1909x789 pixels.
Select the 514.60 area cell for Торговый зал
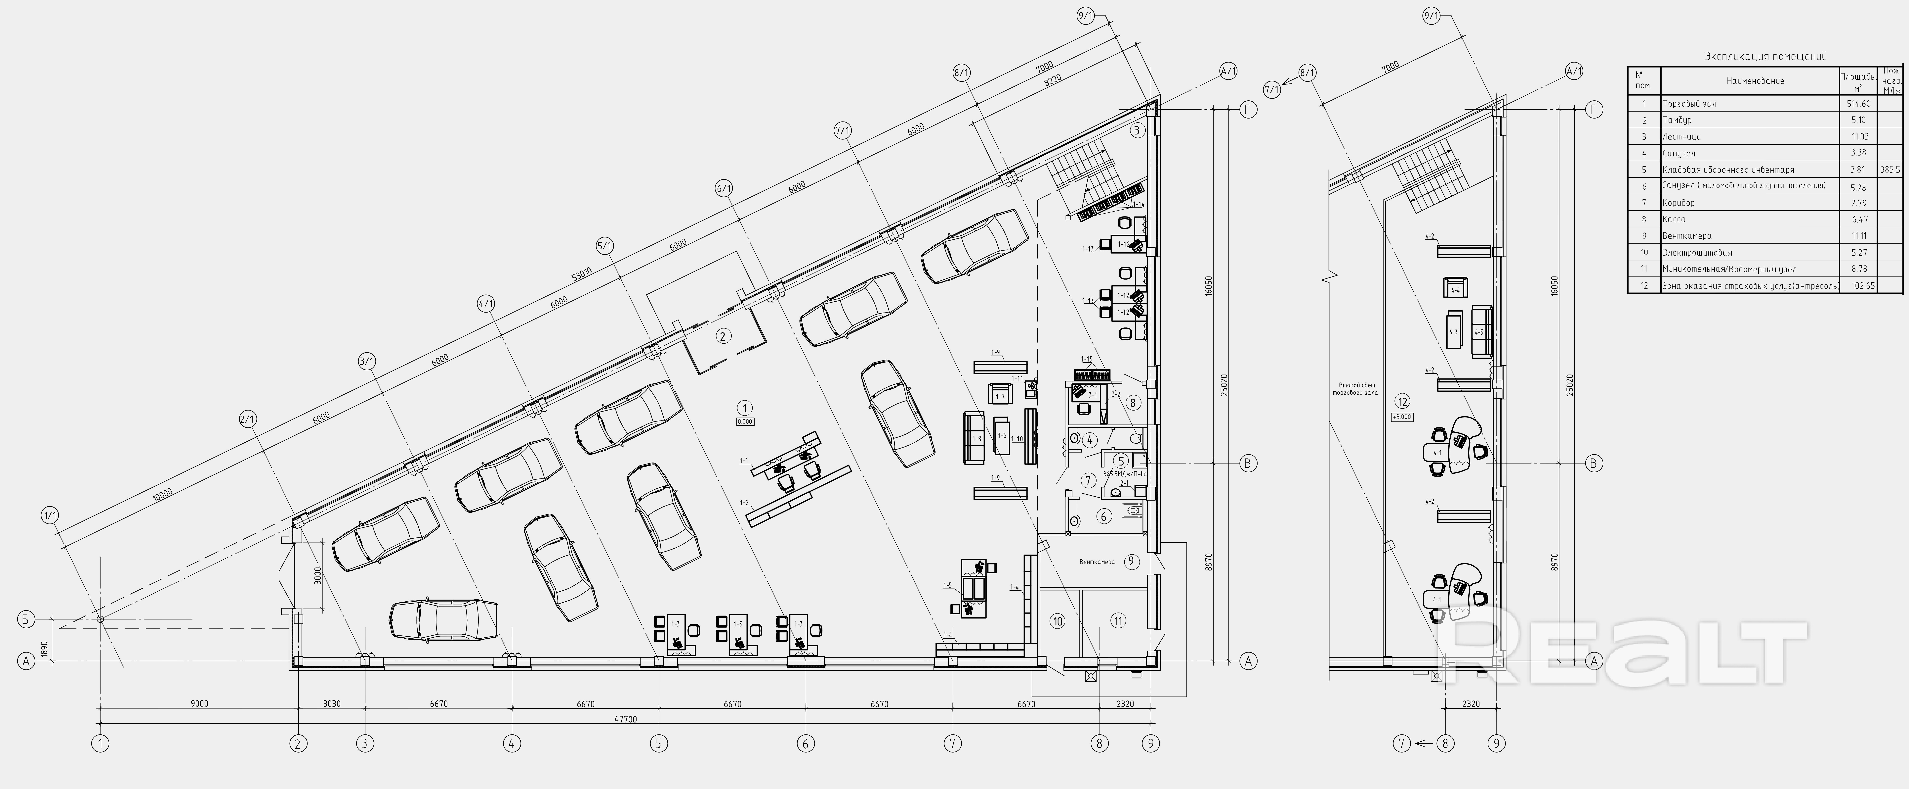[1859, 104]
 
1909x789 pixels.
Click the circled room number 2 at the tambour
[723, 336]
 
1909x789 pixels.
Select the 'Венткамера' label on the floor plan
[1097, 562]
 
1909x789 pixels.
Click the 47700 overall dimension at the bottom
[625, 719]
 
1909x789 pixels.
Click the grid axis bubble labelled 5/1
[605, 245]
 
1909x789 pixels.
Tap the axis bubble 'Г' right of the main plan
[1249, 110]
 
